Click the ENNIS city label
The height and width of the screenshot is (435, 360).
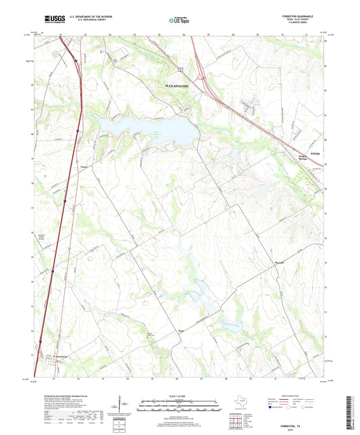313,155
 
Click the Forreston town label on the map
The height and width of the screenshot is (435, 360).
60,357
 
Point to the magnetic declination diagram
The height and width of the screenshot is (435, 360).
121,407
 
